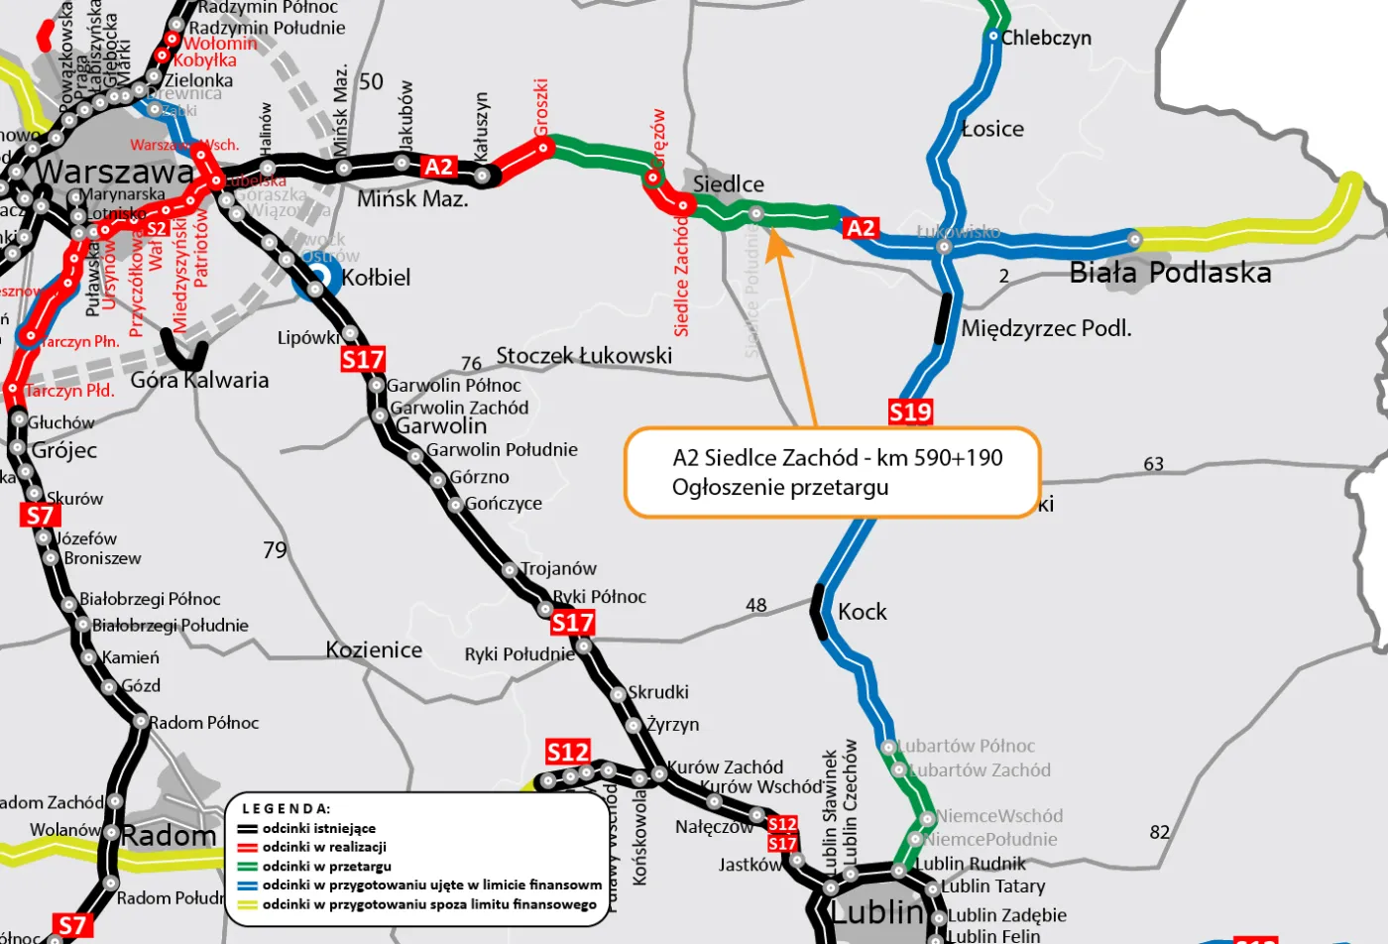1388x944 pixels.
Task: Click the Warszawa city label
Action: [115, 172]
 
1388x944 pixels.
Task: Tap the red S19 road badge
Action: [910, 412]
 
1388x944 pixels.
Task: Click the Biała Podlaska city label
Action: [1170, 273]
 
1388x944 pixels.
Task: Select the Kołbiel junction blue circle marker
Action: [316, 289]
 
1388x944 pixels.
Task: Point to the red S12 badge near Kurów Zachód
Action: [568, 752]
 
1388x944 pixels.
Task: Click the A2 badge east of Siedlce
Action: [861, 228]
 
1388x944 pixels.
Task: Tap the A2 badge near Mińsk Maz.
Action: [439, 167]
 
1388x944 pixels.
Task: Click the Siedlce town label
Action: [729, 184]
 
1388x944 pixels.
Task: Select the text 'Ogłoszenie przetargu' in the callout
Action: [780, 487]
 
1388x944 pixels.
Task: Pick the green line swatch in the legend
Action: [247, 867]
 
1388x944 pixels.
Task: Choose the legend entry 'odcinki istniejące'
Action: [318, 828]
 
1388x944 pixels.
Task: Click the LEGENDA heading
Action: [287, 808]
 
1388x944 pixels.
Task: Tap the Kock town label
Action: [862, 612]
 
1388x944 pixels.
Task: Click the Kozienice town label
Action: [374, 650]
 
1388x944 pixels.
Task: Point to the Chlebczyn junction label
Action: [1046, 38]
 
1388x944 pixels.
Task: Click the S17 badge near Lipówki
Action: [362, 359]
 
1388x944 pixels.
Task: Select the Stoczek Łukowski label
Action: [584, 355]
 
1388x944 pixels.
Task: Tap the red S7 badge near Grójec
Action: [40, 516]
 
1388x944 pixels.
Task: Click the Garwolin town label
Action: [441, 426]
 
